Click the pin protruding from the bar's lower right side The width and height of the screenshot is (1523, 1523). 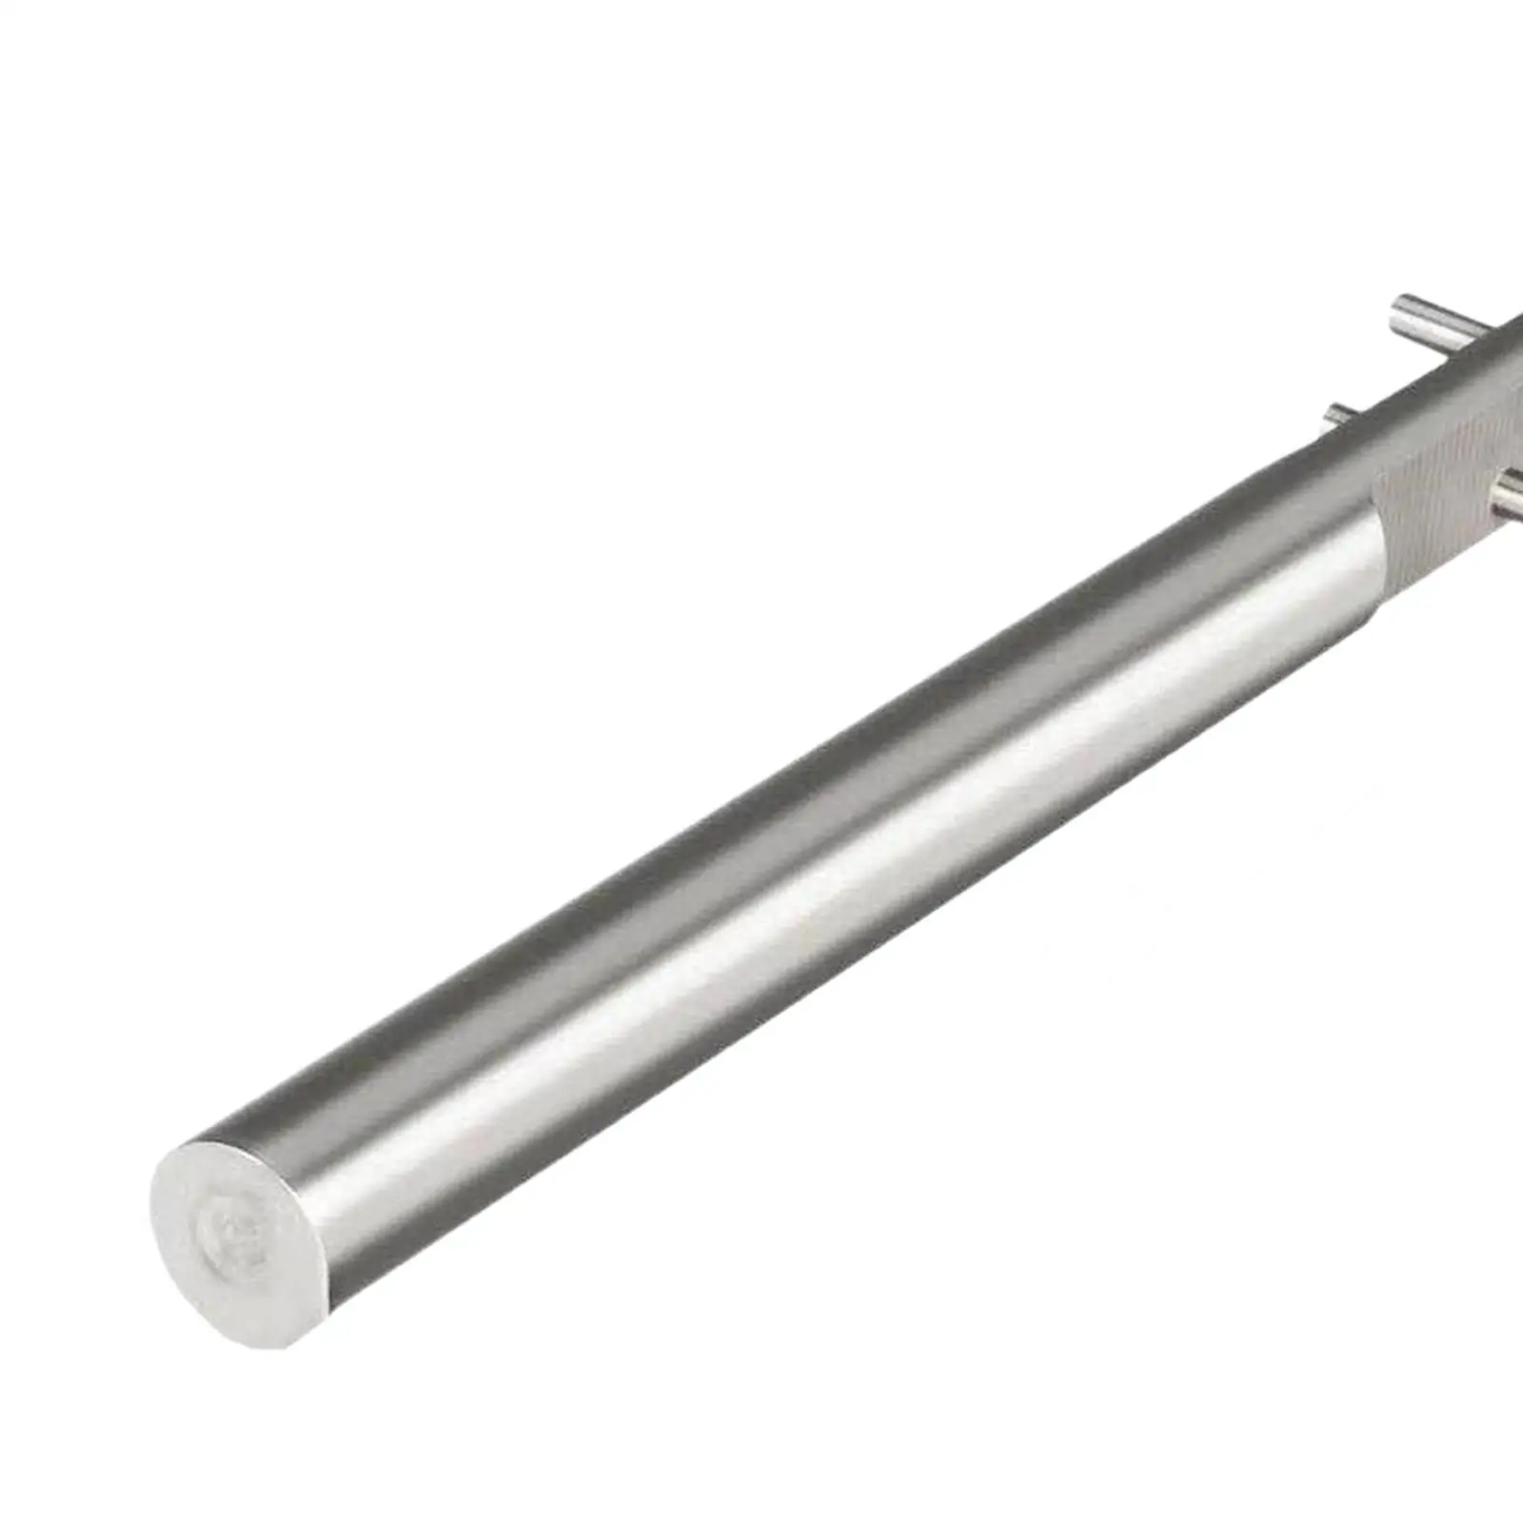1509,495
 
